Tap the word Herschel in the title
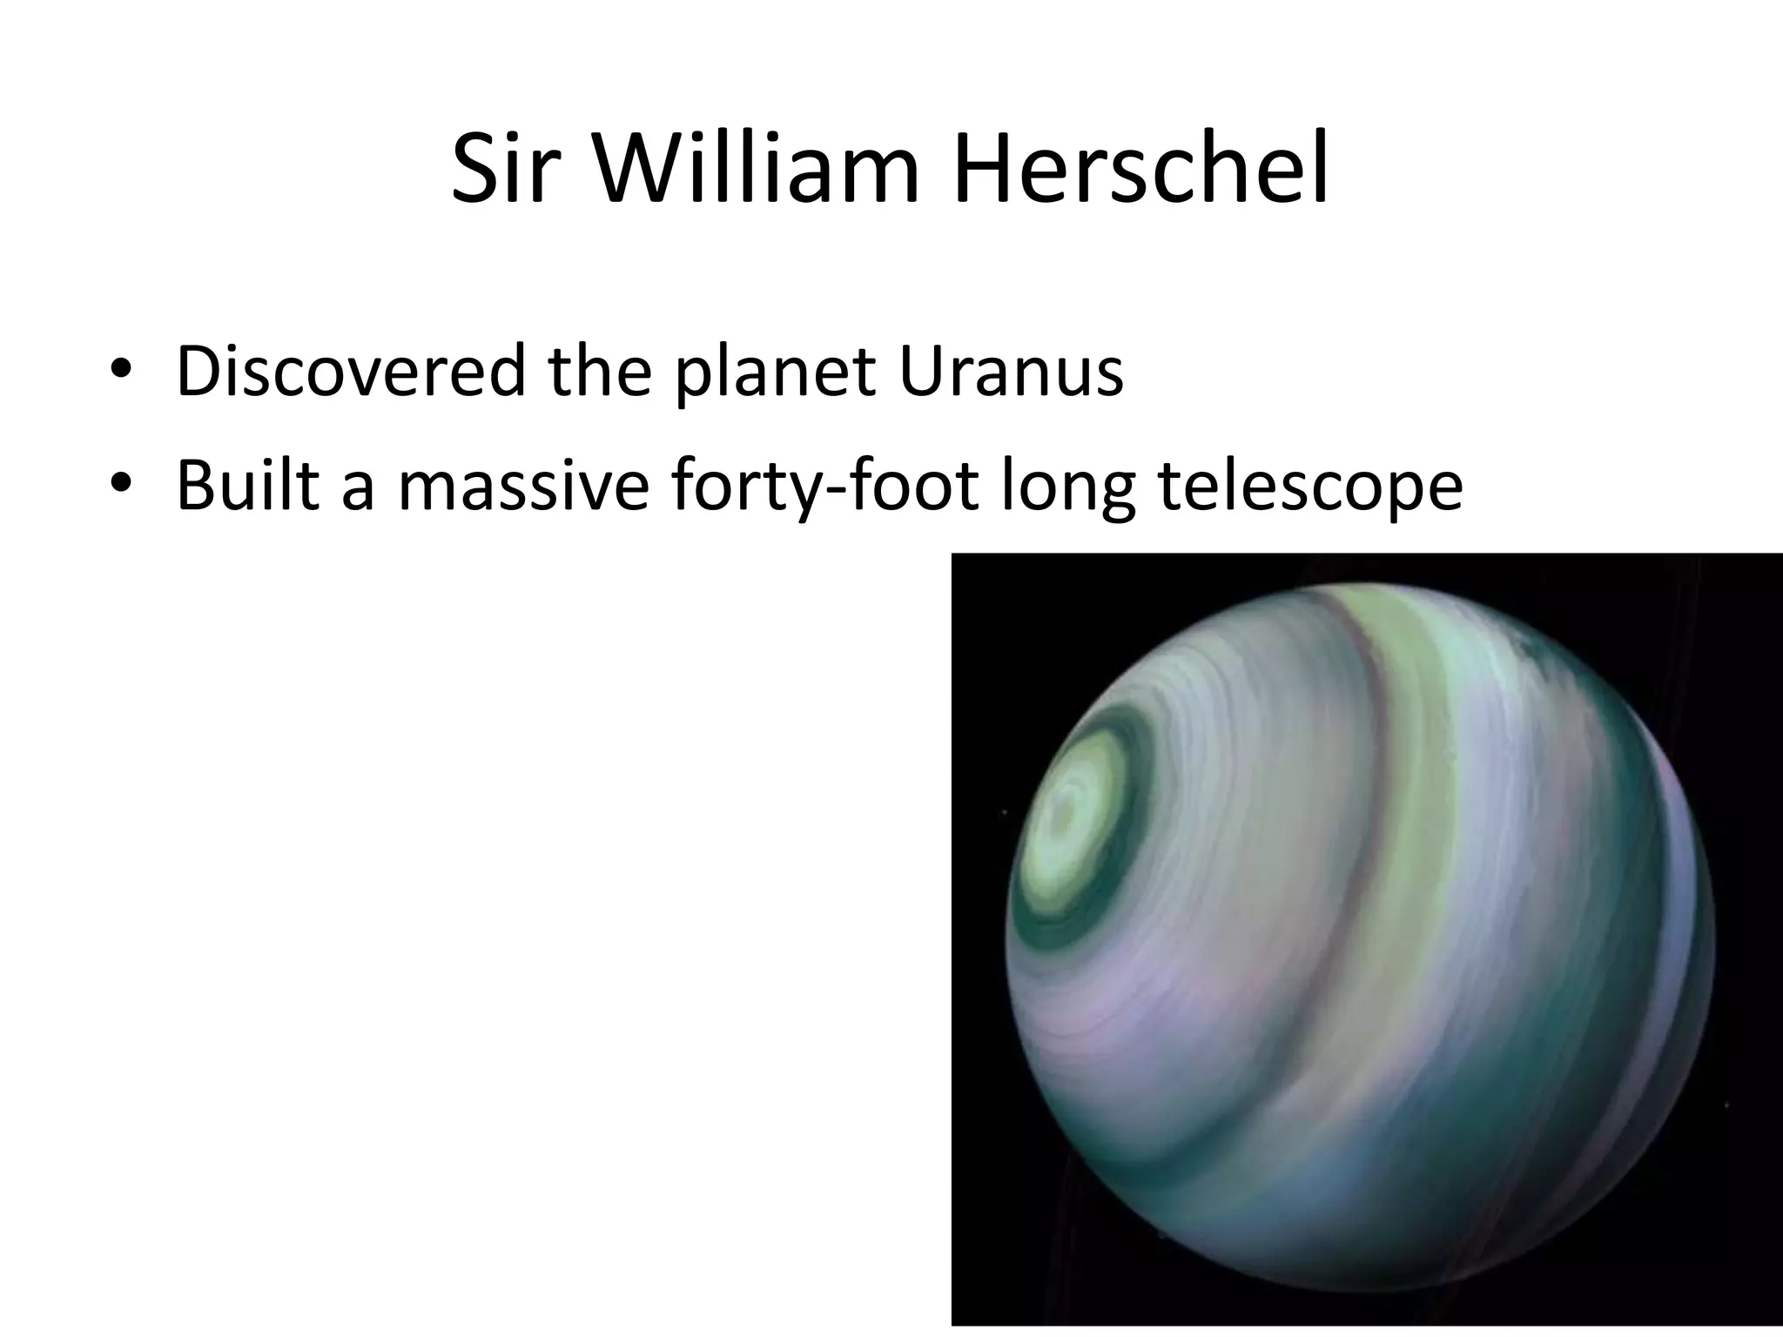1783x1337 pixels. (x=1140, y=170)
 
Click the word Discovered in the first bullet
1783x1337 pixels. (x=351, y=373)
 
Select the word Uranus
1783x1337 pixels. (x=1011, y=373)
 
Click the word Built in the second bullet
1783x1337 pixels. (x=247, y=485)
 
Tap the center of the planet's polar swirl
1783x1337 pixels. (x=1064, y=814)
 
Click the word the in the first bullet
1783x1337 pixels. (x=600, y=373)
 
